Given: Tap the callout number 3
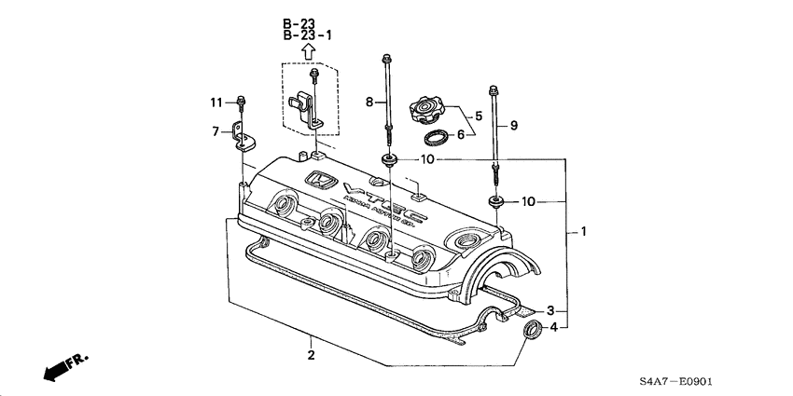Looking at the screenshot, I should point(550,309).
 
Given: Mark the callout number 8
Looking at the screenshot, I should point(369,101).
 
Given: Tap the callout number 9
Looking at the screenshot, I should point(512,124).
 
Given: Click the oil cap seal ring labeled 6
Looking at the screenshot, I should point(436,138).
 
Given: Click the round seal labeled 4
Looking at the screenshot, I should point(533,329).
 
